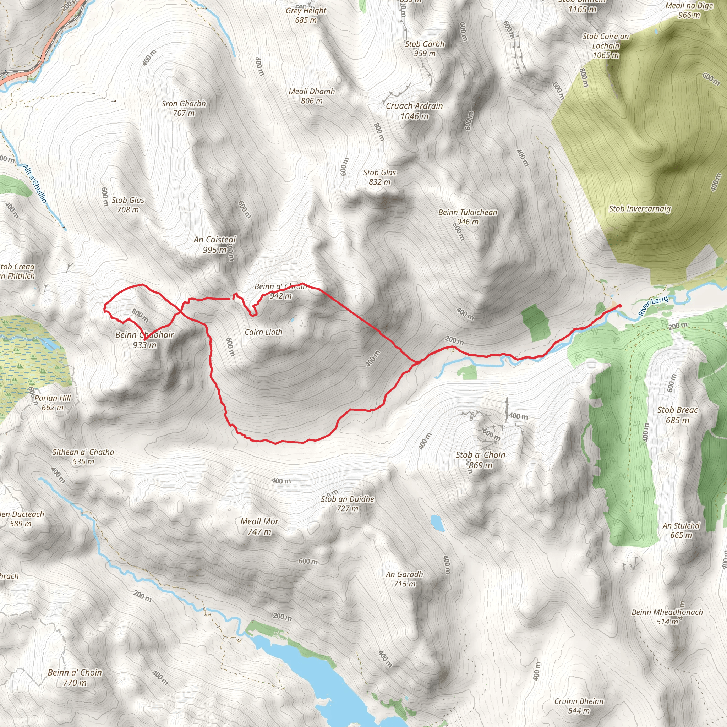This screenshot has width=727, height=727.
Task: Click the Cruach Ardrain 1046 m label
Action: coord(414,111)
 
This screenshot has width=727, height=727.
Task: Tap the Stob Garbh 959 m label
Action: coord(425,49)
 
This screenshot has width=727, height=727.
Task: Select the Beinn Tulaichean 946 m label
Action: coord(468,217)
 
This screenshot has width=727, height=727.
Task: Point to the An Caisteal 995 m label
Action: coord(214,244)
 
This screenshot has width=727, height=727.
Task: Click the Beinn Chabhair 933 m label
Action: coord(144,339)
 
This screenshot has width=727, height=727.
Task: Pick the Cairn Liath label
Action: coord(263,332)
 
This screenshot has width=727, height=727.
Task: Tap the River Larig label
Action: coord(653,306)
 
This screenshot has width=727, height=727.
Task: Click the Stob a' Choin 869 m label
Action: coord(481,460)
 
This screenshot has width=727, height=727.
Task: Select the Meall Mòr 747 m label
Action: coord(259,526)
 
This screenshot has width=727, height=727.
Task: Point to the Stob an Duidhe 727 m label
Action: coord(347,504)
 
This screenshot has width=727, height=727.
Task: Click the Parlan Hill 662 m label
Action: coord(53,402)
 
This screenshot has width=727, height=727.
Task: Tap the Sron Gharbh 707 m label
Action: coord(184,108)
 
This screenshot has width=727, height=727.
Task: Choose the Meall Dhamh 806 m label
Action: coord(312,96)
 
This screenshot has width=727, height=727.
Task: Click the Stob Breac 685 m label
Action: coord(677,415)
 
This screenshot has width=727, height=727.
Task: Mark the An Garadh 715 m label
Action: coord(405,579)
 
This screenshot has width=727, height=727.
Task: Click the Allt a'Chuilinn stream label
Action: coord(35,184)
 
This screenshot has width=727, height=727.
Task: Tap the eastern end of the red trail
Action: coord(620,306)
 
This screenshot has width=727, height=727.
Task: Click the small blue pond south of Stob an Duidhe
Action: coord(437,522)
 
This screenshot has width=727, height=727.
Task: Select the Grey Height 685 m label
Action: coord(306,15)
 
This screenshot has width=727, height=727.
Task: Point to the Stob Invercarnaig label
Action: coord(640,208)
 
